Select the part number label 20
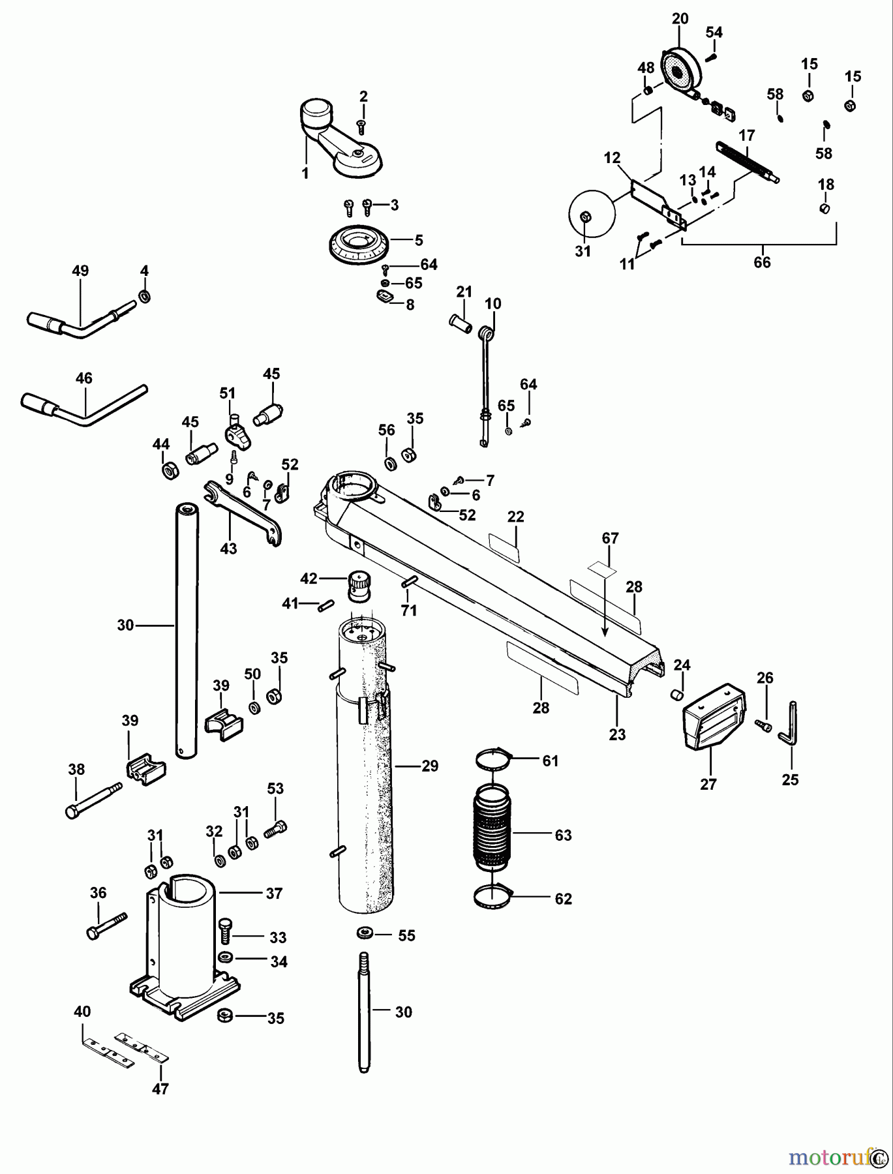680,19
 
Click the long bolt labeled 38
94,798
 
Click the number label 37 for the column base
274,893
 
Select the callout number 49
80,271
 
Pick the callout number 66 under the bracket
762,262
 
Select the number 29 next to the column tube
430,766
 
